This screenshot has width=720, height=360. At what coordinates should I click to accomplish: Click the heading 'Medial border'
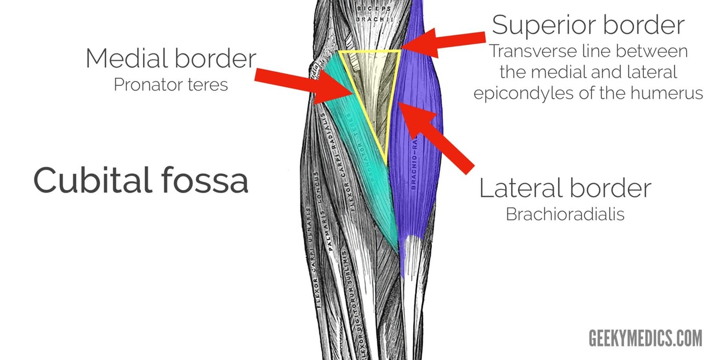tap(171, 58)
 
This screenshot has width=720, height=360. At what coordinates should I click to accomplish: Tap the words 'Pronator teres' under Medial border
tap(171, 85)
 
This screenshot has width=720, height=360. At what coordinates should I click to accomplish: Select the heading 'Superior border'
tap(588, 25)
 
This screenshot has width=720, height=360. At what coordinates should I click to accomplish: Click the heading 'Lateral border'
tap(565, 188)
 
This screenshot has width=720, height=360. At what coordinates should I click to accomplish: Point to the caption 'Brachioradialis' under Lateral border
tap(565, 214)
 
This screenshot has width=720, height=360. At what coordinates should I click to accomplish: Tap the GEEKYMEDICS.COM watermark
tap(646, 338)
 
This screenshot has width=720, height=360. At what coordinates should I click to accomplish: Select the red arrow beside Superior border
tap(443, 43)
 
